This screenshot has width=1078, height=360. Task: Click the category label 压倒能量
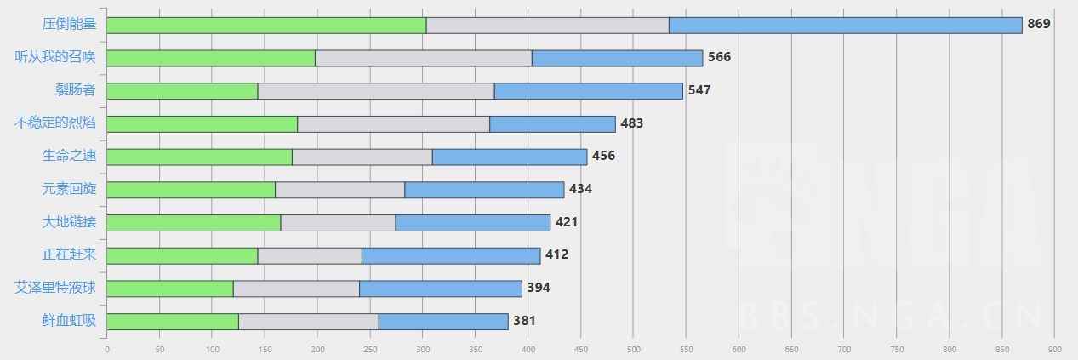pos(69,25)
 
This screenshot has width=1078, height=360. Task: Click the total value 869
pos(1039,24)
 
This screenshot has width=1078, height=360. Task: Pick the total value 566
pos(719,57)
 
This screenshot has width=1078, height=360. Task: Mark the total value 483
pos(631,123)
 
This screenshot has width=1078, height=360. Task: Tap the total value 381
pos(524,321)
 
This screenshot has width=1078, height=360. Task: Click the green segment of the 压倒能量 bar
pos(266,25)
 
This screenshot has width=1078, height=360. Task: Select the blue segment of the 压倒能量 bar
pos(845,25)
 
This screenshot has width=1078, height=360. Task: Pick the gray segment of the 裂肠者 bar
pos(376,90)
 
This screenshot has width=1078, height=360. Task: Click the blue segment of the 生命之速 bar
pos(510,157)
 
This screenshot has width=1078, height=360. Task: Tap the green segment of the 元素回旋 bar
pos(191,189)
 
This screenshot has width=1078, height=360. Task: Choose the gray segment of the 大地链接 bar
pos(338,222)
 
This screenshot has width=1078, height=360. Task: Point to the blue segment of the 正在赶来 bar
pos(451,255)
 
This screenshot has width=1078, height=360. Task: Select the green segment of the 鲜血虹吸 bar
pos(173,321)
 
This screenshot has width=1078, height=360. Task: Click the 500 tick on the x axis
pos(633,348)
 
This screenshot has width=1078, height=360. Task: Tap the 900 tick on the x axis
pos(1054,348)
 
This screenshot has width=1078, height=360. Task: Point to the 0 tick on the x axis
pos(107,348)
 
